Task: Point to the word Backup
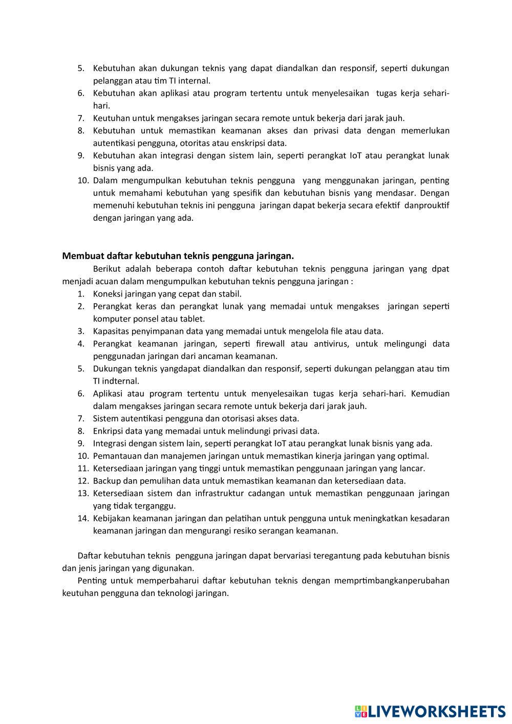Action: tap(108, 481)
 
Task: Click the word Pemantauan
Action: tap(116, 456)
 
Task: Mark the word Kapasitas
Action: tap(110, 331)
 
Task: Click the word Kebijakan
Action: tap(111, 518)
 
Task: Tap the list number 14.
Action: tap(83, 518)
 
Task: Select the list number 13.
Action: tap(83, 493)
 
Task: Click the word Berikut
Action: tap(108, 269)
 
